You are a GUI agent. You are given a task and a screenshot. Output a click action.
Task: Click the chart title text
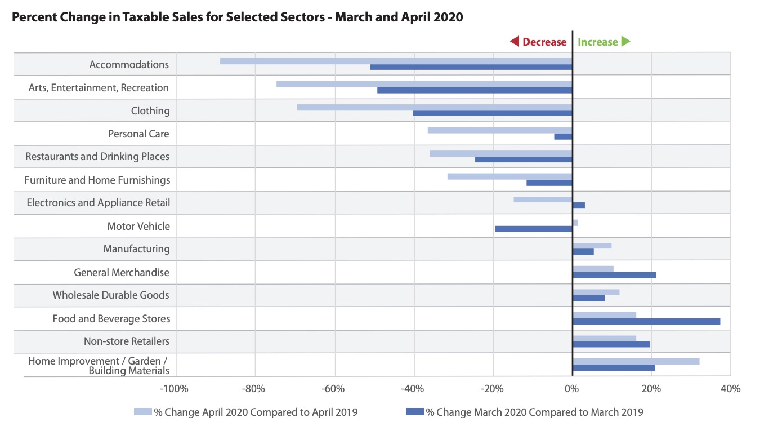pos(237,17)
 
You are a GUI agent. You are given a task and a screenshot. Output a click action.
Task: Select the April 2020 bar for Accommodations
pos(396,61)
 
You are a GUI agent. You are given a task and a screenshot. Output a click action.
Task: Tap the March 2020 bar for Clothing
pos(493,113)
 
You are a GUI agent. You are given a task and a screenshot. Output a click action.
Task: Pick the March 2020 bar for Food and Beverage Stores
pos(646,321)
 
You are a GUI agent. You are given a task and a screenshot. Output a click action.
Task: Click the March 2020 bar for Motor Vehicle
pos(533,229)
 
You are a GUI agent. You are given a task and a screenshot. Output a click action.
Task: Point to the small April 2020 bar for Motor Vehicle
pos(575,223)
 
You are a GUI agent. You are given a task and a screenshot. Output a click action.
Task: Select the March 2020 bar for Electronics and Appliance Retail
pos(579,205)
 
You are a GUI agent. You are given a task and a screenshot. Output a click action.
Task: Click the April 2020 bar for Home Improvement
pos(636,361)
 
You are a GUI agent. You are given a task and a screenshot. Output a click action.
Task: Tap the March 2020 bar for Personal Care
pos(563,136)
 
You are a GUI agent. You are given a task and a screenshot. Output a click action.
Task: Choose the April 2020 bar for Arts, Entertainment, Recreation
pos(424,84)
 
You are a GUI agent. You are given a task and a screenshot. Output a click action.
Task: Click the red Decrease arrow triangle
pos(514,42)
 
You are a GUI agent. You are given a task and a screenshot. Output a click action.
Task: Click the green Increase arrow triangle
pos(625,42)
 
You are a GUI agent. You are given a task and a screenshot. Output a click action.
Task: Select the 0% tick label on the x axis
pos(571,389)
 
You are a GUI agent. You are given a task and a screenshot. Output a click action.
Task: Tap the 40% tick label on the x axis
pos(730,389)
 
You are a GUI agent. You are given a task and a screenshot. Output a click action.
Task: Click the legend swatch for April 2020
pos(142,412)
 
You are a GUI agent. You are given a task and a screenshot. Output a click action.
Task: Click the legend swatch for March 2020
pos(414,412)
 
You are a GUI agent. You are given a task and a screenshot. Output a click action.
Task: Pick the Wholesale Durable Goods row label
pos(111,295)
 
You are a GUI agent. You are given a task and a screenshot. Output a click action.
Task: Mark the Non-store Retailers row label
pos(127,341)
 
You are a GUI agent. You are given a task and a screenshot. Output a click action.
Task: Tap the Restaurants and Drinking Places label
pos(97,157)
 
